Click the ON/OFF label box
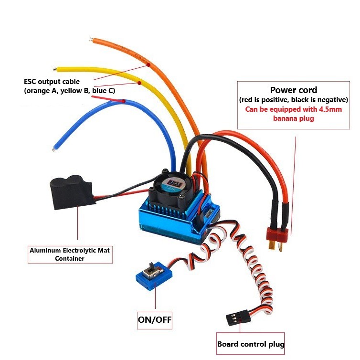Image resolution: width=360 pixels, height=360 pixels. click(x=155, y=319)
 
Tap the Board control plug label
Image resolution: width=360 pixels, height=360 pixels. click(x=251, y=344)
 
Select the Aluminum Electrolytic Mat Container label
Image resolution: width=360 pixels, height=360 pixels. click(x=70, y=254)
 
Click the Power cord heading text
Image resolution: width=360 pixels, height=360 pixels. click(x=293, y=90)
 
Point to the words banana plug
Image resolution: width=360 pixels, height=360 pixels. click(x=293, y=118)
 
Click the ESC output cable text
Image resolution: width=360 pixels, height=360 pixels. click(x=52, y=82)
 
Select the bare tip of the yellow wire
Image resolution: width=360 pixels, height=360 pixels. click(x=57, y=69)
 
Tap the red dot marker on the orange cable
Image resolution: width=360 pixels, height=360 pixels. click(x=148, y=64)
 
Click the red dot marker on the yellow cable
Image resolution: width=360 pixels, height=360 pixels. click(x=139, y=83)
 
